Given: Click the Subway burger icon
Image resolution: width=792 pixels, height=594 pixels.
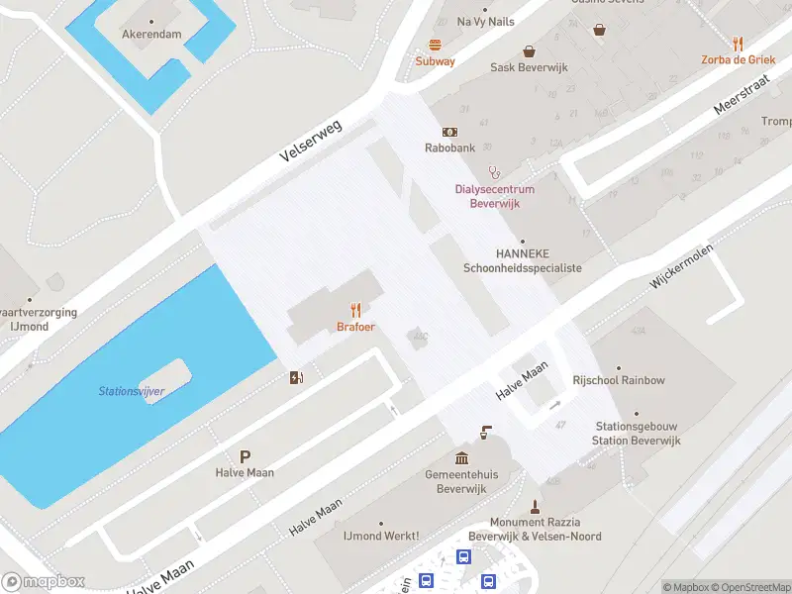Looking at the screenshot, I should (435, 45).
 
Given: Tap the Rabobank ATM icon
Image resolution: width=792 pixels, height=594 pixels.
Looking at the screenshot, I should (449, 132).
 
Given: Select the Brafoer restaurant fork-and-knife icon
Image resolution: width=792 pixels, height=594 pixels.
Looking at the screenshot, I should (355, 310).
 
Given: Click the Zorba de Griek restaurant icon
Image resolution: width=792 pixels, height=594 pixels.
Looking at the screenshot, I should (738, 44).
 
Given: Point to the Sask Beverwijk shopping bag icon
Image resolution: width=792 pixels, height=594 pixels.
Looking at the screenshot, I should (529, 50).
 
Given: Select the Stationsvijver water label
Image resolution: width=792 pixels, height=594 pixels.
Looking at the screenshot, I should (132, 391).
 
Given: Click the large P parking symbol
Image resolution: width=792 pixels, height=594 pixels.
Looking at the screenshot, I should (245, 456).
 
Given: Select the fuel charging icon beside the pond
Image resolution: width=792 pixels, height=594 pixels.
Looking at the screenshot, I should (295, 377).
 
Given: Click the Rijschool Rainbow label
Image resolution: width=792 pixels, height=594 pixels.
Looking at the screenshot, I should (619, 380).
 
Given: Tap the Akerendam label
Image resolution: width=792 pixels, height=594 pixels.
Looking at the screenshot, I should (151, 34).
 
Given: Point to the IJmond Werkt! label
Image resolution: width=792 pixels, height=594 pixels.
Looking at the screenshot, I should (380, 536).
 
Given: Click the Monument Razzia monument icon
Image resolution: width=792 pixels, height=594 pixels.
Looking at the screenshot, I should (535, 506).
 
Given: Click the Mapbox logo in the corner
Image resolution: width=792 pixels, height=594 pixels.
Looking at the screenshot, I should (44, 582).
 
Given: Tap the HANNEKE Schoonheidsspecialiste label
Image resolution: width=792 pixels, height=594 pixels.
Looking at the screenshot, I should (523, 260).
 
